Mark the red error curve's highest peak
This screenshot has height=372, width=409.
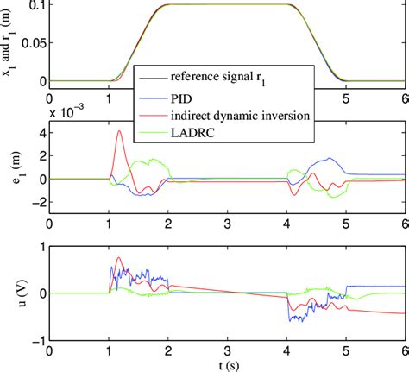(x=120, y=131)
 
